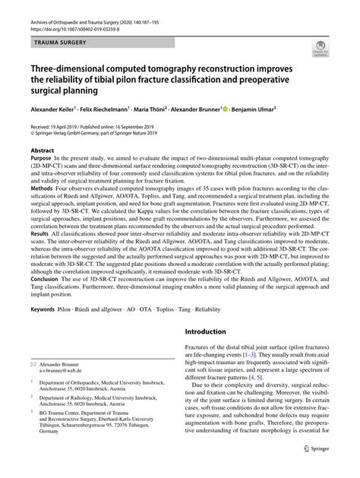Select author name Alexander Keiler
(x=55, y=109)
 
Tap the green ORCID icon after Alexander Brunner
(x=226, y=109)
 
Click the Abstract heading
(x=43, y=150)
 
